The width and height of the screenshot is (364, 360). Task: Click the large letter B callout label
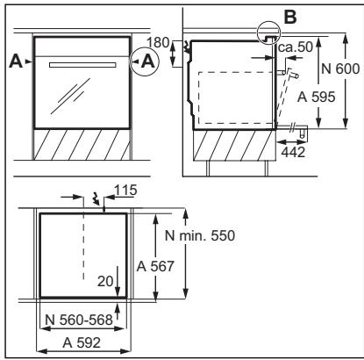pyautogui.click(x=290, y=17)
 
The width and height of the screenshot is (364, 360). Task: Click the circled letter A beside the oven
pyautogui.click(x=148, y=61)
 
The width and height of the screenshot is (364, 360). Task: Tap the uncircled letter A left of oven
pyautogui.click(x=16, y=61)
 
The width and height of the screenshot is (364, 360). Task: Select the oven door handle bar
pyautogui.click(x=82, y=65)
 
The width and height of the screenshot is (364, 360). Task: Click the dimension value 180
pyautogui.click(x=158, y=43)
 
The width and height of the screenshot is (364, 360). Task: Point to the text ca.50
pyautogui.click(x=296, y=47)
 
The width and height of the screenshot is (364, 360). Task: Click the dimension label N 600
pyautogui.click(x=340, y=69)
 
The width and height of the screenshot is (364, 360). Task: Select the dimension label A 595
pyautogui.click(x=316, y=97)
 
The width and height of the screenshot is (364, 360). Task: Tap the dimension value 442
pyautogui.click(x=293, y=152)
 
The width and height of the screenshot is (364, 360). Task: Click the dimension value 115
pyautogui.click(x=125, y=191)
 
